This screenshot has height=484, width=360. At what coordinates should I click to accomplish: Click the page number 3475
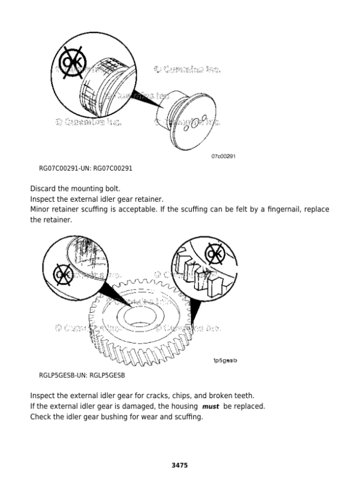click(x=179, y=465)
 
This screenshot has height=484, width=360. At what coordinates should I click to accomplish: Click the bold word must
click(x=211, y=407)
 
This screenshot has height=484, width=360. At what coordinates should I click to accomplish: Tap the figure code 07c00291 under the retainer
click(x=223, y=156)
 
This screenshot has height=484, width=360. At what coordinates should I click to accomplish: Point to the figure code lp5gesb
click(x=225, y=360)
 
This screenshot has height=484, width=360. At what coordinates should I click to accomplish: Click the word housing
click(x=183, y=407)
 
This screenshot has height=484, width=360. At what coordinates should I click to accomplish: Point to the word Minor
click(x=41, y=210)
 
